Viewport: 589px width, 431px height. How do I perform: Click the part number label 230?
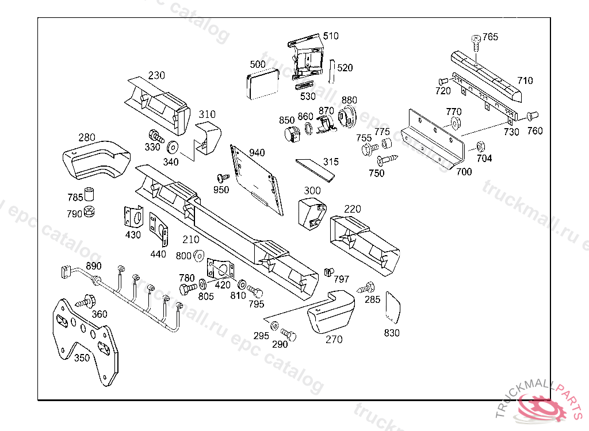click(x=156, y=75)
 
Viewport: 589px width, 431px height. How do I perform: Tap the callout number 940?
click(x=257, y=152)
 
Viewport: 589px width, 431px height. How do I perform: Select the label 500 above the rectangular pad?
click(x=258, y=64)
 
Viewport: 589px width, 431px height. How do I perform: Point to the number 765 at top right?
click(x=490, y=37)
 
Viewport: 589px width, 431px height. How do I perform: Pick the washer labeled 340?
click(x=172, y=146)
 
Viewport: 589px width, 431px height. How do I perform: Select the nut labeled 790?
click(x=89, y=212)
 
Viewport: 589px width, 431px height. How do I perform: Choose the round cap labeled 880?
click(x=348, y=117)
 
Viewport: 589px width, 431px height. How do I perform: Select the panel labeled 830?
click(x=392, y=306)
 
